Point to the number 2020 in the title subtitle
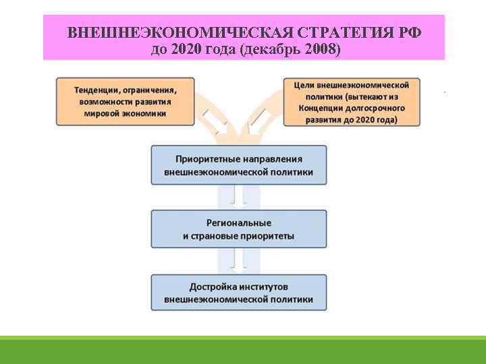pos(187,49)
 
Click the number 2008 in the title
pos(322,49)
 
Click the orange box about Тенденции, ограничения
pos(126,101)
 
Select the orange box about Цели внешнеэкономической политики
pos(352,102)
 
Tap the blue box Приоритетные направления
pos(238,165)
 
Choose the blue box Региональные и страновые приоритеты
pos(238,229)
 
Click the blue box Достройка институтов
pos(238,293)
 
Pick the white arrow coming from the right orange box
pos(258,121)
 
